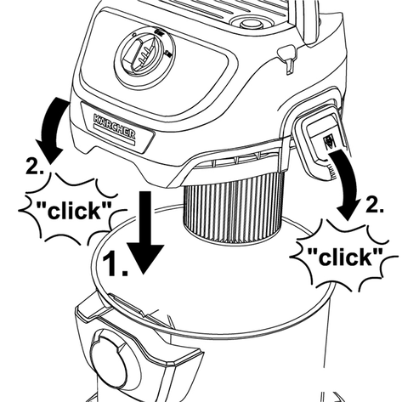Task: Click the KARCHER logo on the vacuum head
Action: [x=114, y=127]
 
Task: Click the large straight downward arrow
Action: [x=145, y=232]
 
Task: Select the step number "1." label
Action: [x=115, y=264]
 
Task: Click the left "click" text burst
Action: [x=73, y=210]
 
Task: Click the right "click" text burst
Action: [x=345, y=257]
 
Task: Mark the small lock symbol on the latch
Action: [x=328, y=141]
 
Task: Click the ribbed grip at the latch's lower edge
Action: [x=331, y=170]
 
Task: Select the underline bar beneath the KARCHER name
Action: [x=113, y=134]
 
